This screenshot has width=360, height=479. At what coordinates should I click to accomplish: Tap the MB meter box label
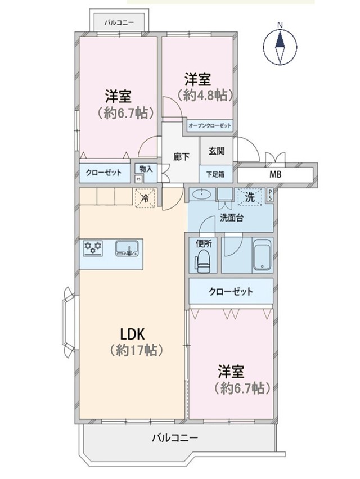275,175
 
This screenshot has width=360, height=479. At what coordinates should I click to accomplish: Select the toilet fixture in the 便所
202,261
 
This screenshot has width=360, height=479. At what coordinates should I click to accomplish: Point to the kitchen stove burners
93,248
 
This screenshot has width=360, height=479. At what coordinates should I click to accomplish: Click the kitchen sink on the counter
127,248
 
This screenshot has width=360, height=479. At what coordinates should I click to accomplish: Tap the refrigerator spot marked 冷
145,198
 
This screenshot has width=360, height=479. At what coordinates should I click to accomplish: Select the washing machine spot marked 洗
250,197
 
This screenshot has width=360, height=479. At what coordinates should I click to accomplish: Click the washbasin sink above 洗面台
202,195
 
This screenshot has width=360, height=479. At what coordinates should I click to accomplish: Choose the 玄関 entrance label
217,151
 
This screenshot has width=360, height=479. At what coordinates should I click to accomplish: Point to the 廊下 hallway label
181,157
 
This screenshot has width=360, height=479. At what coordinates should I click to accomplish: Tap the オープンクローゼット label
210,125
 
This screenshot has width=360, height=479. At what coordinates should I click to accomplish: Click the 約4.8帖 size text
205,96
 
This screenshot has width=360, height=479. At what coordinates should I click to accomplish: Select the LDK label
132,334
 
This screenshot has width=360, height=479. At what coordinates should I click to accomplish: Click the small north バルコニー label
119,22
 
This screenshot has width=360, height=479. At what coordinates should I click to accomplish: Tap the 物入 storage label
146,169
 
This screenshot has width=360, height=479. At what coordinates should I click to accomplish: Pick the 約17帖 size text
136,350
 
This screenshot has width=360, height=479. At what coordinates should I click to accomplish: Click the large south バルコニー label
175,438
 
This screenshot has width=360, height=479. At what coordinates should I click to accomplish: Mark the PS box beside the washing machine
270,195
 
